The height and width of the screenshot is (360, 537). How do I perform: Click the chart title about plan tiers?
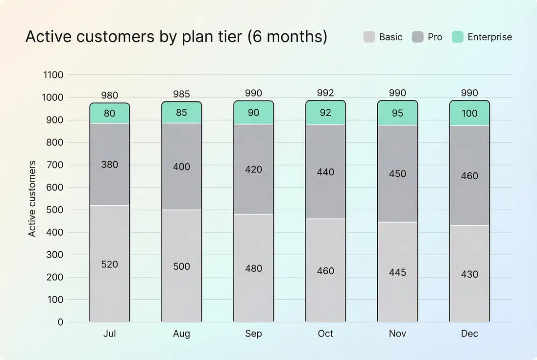point(176,37)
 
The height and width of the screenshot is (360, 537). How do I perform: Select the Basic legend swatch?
point(369,37)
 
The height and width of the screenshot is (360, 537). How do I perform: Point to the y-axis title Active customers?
point(32,198)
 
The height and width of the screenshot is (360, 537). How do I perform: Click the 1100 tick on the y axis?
point(53,75)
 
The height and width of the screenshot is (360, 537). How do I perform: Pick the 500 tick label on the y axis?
point(56,210)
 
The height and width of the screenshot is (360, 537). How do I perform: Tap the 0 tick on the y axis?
point(60,322)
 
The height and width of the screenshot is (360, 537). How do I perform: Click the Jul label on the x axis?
point(110,334)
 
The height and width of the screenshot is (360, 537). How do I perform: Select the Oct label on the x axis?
point(325,334)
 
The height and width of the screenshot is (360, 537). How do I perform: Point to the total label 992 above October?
point(325,93)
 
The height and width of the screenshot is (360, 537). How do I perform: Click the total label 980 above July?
point(110,96)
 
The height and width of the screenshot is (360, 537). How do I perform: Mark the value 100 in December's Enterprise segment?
point(469,113)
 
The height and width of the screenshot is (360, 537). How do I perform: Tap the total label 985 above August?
point(181,94)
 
